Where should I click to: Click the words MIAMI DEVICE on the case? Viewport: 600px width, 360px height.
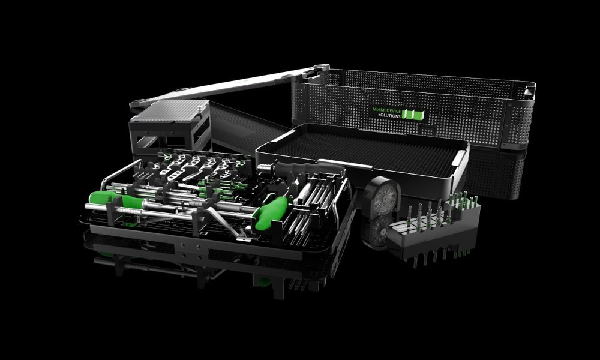click(386, 110)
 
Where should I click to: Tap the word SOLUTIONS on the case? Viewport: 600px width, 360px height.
click(389, 116)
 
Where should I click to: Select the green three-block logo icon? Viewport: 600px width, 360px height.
click(413, 115)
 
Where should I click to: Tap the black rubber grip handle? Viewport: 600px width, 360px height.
click(306, 168)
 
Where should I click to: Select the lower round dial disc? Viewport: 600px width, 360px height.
click(379, 230)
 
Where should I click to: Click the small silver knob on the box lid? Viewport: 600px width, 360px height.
click(200, 110)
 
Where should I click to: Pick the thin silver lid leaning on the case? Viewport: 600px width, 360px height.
click(230, 85)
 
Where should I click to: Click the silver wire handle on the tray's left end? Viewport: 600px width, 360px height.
click(119, 173)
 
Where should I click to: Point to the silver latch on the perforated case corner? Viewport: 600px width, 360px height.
click(529, 92)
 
